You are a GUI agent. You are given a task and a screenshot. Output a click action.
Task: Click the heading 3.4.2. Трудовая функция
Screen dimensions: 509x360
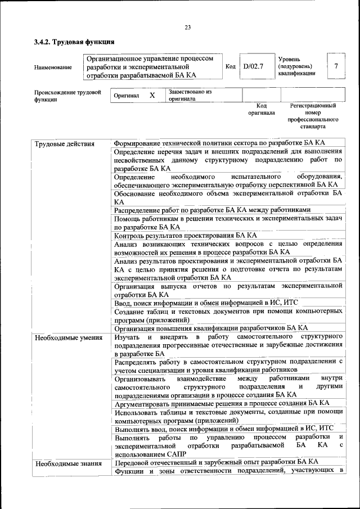point(74,42)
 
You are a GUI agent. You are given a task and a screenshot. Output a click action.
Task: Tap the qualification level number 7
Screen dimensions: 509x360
point(336,66)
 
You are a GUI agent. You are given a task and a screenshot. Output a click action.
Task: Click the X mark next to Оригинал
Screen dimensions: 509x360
point(152,96)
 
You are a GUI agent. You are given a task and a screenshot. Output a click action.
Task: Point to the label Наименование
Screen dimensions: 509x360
point(53,67)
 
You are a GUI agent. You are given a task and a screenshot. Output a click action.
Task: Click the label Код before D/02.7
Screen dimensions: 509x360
point(230,66)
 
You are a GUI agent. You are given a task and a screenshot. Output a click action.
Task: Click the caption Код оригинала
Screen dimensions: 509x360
point(262,109)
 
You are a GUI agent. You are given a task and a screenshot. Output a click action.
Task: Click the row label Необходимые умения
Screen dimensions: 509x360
point(68,337)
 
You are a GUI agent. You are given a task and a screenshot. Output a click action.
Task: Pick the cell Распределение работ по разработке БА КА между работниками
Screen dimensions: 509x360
point(211,210)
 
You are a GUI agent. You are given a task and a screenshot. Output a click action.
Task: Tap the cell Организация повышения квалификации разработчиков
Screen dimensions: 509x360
point(210,328)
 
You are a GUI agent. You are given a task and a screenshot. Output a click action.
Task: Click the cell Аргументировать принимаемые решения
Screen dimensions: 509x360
point(221,403)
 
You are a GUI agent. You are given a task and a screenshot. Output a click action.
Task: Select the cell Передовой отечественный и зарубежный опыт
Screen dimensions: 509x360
point(216,462)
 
